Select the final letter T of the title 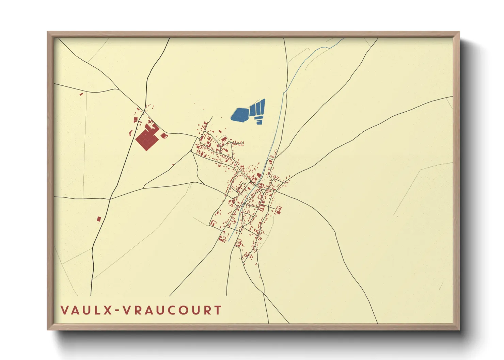click(217, 310)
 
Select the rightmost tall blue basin click(263, 106)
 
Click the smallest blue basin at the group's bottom click(259, 122)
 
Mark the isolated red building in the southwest click(99, 219)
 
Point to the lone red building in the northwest click(81, 94)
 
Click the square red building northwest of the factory click(135, 119)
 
